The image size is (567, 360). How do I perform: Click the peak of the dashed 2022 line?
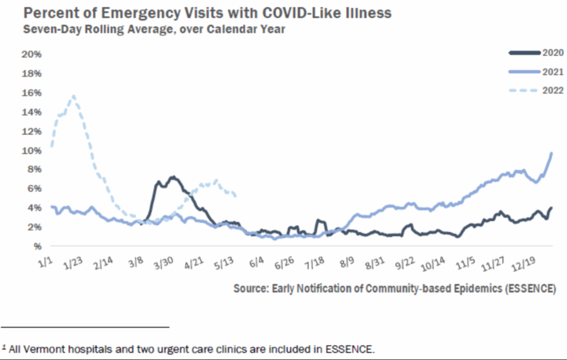tap(73, 96)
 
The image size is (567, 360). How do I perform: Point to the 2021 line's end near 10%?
tap(551, 153)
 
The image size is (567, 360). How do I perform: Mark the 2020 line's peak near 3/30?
tap(173, 177)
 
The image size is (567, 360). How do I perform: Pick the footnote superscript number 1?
tap(4, 347)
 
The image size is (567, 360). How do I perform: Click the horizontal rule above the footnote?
tap(85, 326)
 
